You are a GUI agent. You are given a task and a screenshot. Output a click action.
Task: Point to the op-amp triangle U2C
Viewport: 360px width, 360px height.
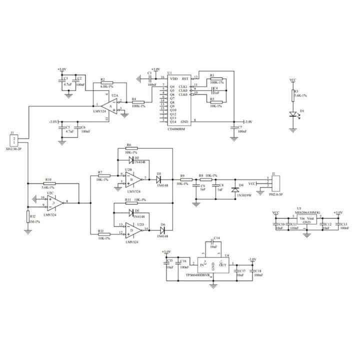(55, 202)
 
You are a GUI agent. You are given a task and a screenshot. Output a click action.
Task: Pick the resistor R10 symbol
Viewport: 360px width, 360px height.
(48, 183)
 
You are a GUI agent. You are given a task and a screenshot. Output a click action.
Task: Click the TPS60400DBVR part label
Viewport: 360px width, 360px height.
(199, 274)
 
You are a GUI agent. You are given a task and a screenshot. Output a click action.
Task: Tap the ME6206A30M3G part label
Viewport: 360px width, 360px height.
(309, 212)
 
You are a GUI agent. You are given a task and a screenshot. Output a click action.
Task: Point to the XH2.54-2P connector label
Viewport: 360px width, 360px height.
(14, 149)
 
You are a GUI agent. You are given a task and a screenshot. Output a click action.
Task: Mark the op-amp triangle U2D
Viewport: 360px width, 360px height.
(131, 230)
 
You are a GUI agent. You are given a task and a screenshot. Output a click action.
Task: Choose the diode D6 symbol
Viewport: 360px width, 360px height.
(162, 230)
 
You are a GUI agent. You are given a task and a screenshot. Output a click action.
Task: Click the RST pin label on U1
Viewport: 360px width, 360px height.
(185, 78)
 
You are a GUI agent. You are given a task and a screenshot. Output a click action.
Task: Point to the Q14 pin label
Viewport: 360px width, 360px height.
(173, 121)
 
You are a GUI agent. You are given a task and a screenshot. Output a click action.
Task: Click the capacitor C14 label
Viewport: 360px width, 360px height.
(216, 238)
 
